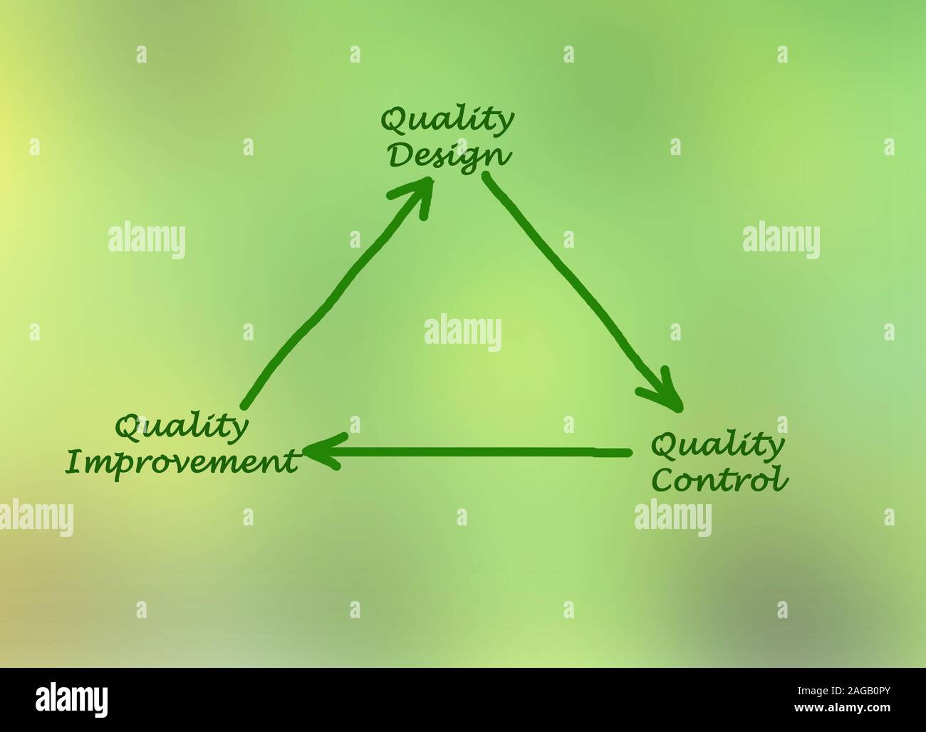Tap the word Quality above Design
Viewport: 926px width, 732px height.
click(x=447, y=121)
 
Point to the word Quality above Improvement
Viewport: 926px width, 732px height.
click(x=182, y=427)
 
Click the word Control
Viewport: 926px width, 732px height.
click(x=720, y=479)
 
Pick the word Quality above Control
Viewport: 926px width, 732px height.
click(x=717, y=446)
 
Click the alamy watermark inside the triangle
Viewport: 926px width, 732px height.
click(x=463, y=333)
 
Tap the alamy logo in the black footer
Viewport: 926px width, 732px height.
click(x=74, y=699)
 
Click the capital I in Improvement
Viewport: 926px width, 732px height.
click(x=71, y=463)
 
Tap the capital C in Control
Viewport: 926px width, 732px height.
click(x=664, y=479)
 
